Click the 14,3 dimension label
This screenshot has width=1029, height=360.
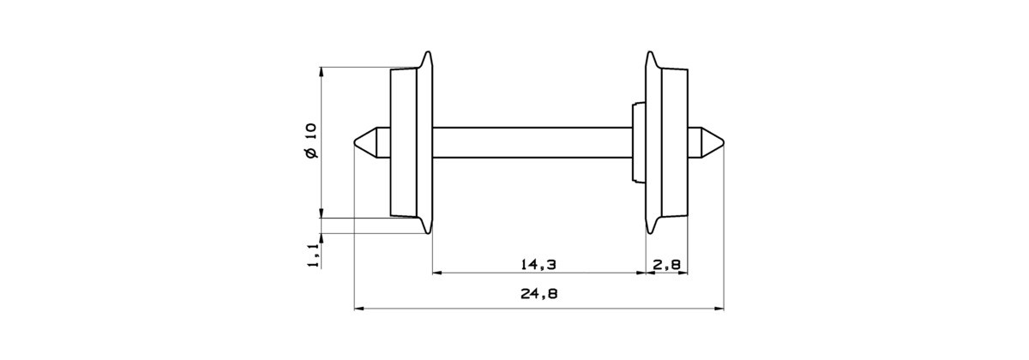tap(539, 265)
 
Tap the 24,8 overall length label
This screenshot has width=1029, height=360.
tap(539, 294)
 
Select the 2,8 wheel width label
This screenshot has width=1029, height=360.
tap(666, 265)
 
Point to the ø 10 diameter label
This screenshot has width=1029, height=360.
tap(311, 141)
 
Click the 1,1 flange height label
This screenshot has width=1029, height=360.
tap(314, 255)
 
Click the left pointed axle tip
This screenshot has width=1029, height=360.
tap(355, 142)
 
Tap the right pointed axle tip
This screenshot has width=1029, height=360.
tap(724, 142)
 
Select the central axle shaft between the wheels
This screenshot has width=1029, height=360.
tap(532, 142)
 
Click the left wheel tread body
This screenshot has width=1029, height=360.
tap(404, 142)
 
